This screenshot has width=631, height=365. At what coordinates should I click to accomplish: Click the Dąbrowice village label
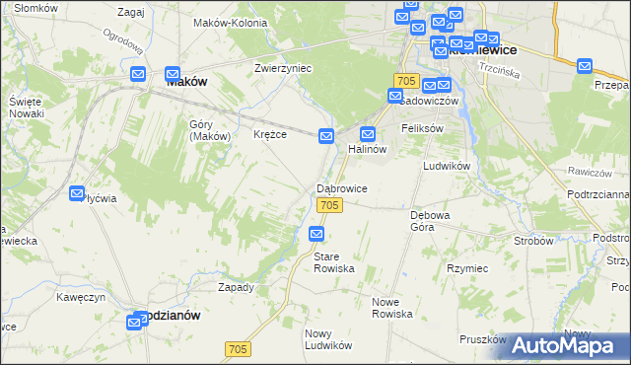(342, 187)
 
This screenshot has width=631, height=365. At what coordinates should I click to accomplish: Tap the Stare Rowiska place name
(332, 262)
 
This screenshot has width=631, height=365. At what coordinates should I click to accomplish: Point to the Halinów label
(367, 149)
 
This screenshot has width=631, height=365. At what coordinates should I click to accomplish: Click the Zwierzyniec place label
(283, 68)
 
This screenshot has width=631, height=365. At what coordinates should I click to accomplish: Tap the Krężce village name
(270, 134)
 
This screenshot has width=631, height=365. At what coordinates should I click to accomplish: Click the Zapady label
(236, 287)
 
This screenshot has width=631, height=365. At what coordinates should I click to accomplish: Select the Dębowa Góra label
(430, 219)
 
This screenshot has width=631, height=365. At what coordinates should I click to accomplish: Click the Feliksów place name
(422, 129)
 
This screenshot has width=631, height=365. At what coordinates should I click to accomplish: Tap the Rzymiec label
(467, 267)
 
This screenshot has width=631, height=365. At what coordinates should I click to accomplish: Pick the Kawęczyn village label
(81, 296)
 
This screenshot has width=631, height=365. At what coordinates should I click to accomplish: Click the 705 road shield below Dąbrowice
(330, 204)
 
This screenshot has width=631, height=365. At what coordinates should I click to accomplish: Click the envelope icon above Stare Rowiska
(316, 234)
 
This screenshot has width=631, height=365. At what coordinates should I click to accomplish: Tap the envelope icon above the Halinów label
(369, 134)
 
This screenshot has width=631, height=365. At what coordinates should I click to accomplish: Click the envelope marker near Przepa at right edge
(585, 67)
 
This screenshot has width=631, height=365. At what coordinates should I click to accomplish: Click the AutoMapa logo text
(577, 345)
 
